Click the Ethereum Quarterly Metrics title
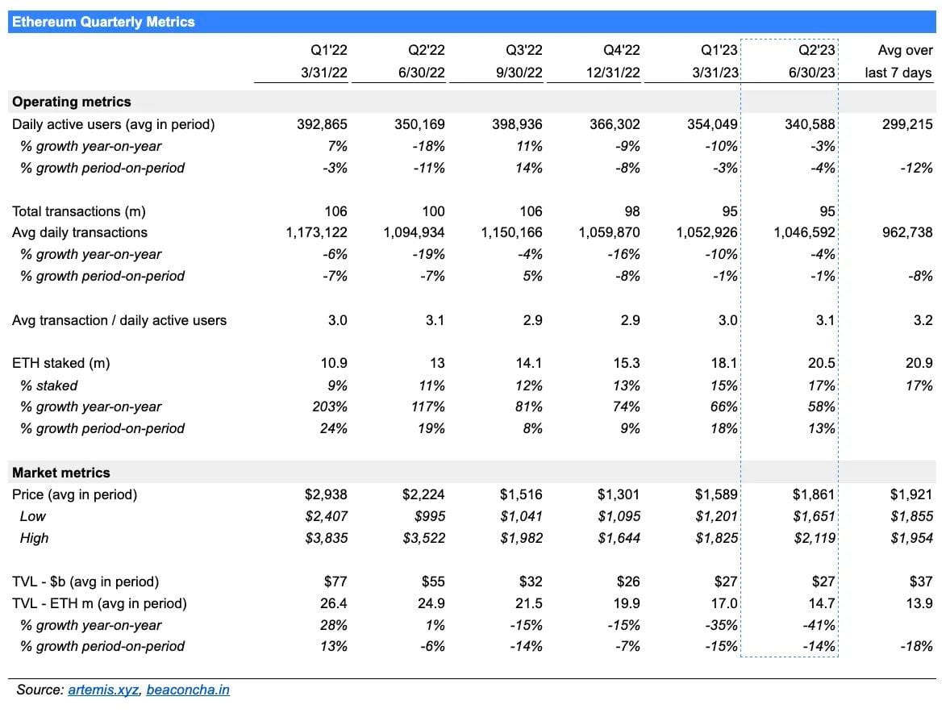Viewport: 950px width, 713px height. [x=103, y=22]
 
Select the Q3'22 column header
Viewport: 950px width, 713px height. [x=525, y=50]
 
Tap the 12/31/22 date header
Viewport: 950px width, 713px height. [x=613, y=73]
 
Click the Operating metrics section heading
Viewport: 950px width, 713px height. [x=71, y=102]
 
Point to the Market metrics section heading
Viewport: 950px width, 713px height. [x=60, y=473]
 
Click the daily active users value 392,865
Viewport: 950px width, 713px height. [x=321, y=124]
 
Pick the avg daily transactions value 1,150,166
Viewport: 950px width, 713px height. [x=511, y=232]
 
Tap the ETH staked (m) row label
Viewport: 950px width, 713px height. [x=60, y=363]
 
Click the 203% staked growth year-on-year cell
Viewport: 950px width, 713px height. [x=330, y=407]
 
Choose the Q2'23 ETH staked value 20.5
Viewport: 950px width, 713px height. [x=820, y=363]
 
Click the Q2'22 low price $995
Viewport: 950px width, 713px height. [x=427, y=516]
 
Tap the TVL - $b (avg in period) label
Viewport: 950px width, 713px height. [x=85, y=582]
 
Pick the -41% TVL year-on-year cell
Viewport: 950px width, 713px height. [x=820, y=625]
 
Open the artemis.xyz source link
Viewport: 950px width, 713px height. [x=103, y=690]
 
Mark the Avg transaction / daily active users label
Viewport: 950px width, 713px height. [x=119, y=320]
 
